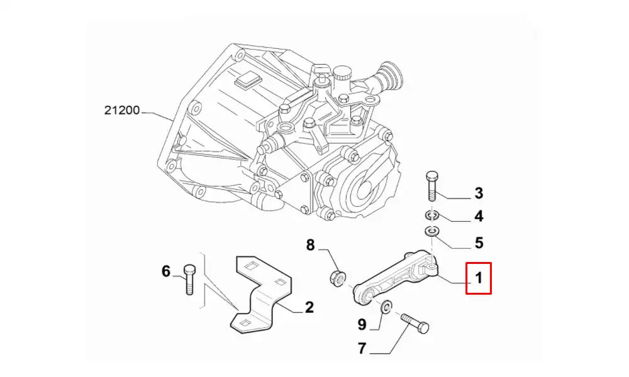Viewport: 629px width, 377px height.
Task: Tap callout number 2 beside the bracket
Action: point(309,307)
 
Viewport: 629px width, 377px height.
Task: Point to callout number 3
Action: point(479,192)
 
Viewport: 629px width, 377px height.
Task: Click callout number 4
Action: point(479,217)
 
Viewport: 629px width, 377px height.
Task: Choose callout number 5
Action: point(479,241)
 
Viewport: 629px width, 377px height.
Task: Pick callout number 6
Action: point(166,271)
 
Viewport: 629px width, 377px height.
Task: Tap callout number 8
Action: point(310,245)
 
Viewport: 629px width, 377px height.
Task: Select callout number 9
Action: point(362,324)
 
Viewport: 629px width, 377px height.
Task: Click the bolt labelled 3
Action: point(431,185)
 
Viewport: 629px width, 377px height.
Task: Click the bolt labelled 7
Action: point(415,323)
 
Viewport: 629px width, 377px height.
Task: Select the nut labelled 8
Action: point(337,276)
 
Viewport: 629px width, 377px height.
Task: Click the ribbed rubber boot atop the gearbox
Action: point(391,76)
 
